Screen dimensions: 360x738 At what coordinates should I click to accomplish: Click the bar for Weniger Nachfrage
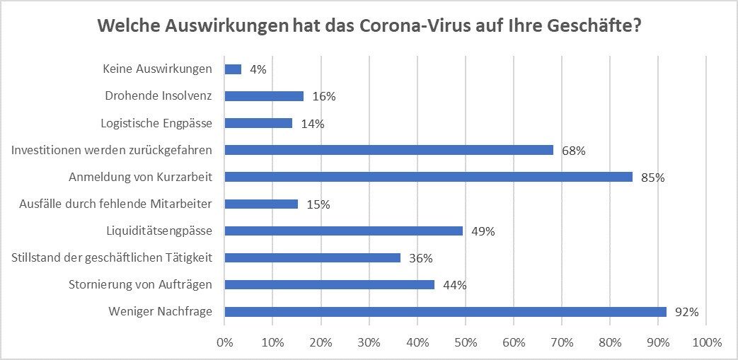[446, 311]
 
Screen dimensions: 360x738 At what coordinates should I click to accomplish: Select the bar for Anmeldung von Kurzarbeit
[429, 177]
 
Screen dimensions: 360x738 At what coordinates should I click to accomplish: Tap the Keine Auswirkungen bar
[233, 69]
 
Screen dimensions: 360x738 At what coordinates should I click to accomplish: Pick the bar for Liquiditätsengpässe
[344, 231]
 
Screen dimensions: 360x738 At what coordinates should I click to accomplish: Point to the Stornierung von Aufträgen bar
[330, 284]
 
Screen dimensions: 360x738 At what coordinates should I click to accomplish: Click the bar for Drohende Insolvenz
[264, 96]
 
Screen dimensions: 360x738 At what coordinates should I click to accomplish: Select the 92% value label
[686, 312]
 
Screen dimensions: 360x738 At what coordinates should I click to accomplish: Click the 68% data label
[573, 150]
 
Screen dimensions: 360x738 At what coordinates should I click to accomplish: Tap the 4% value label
[258, 70]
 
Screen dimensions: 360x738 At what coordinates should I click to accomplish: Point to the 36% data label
[420, 258]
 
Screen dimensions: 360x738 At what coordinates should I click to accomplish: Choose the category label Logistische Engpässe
[156, 123]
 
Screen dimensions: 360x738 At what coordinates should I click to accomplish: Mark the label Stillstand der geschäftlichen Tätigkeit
[112, 257]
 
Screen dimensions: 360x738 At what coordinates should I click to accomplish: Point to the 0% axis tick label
[224, 342]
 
